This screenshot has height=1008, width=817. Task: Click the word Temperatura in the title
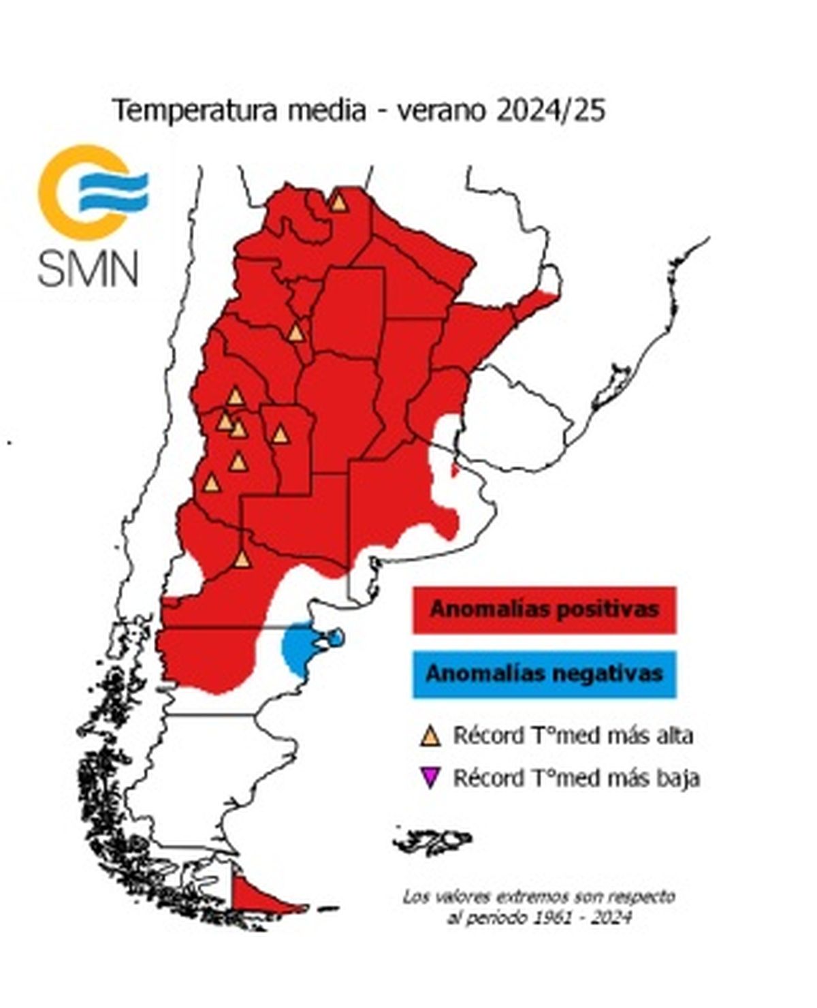pos(195,111)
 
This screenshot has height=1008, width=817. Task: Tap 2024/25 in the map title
pos(549,111)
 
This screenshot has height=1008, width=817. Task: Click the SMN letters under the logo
pos(88,268)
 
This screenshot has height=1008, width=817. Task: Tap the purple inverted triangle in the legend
pos(430,777)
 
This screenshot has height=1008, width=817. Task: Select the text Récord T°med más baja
pos(576,777)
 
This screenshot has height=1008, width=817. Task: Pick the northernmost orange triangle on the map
pos(338,202)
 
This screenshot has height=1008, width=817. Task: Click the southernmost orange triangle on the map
pos(242,559)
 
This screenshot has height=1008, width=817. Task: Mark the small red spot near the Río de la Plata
pos(454,471)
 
